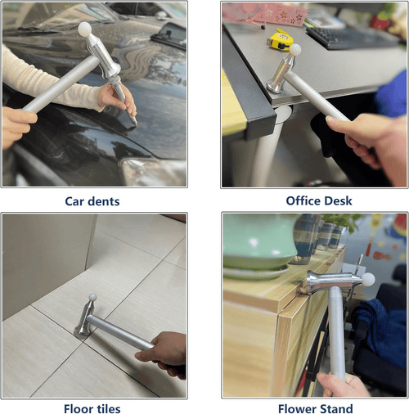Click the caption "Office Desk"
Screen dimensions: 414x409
(314, 200)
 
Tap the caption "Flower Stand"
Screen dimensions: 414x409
(314, 408)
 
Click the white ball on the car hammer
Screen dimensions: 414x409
(83, 29)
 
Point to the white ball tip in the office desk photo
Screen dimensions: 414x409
(295, 51)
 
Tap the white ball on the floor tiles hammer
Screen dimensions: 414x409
(92, 299)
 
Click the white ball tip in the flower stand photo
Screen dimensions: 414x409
(368, 280)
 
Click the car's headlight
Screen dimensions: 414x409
(151, 172)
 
